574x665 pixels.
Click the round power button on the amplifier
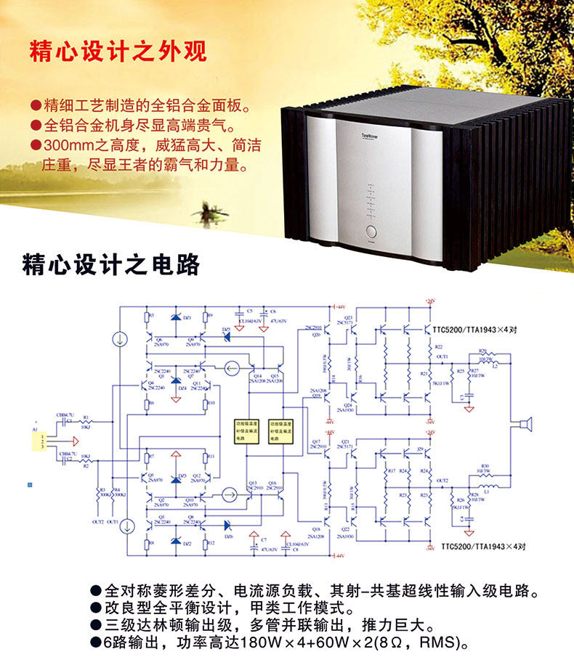click(371, 233)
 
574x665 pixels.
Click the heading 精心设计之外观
click(118, 52)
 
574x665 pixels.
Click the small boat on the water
click(206, 211)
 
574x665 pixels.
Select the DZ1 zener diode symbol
click(175, 318)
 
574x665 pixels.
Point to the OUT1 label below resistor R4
click(113, 521)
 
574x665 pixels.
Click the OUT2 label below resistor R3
click(97, 521)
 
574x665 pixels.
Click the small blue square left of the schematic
click(30, 482)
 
